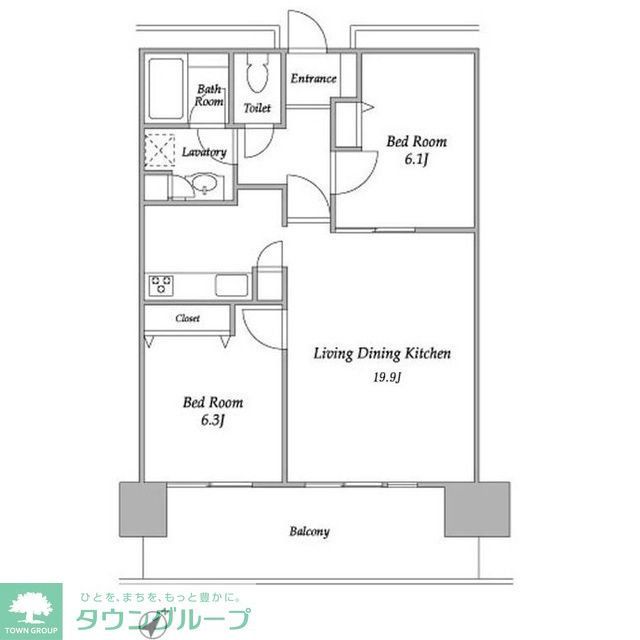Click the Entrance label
[x=313, y=79]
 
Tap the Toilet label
[x=259, y=107]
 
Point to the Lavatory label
[x=204, y=152]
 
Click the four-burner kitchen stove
[x=162, y=285]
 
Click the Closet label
[x=187, y=318]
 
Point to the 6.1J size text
[x=416, y=159]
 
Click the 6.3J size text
[x=210, y=420]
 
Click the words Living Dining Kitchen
[x=384, y=353]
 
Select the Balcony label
[x=310, y=532]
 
